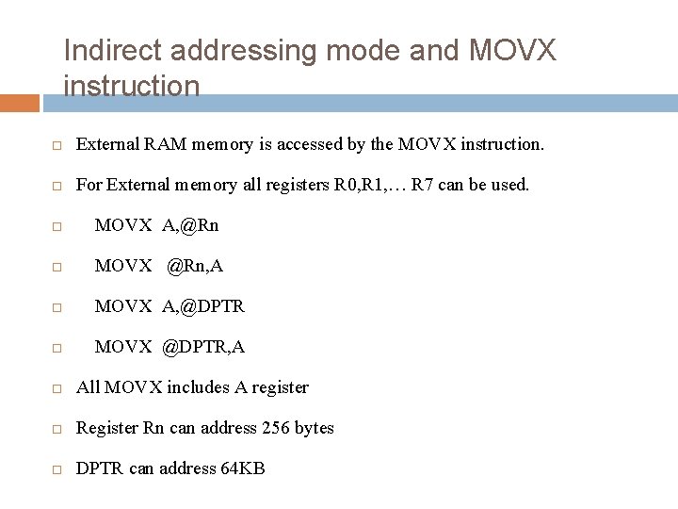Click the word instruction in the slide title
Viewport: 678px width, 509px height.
click(131, 87)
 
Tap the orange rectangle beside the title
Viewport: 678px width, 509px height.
click(20, 102)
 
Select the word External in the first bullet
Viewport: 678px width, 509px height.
click(107, 145)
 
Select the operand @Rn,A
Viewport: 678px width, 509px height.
click(195, 266)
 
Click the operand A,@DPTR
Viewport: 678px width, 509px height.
click(203, 306)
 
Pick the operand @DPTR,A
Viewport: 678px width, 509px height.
click(203, 347)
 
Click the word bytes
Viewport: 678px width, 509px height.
click(314, 428)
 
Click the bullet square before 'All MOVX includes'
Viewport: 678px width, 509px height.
click(57, 388)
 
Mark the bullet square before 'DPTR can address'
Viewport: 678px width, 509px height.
click(57, 469)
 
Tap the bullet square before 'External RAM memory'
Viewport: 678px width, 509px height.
click(57, 146)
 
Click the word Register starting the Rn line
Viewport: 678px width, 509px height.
click(107, 428)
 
